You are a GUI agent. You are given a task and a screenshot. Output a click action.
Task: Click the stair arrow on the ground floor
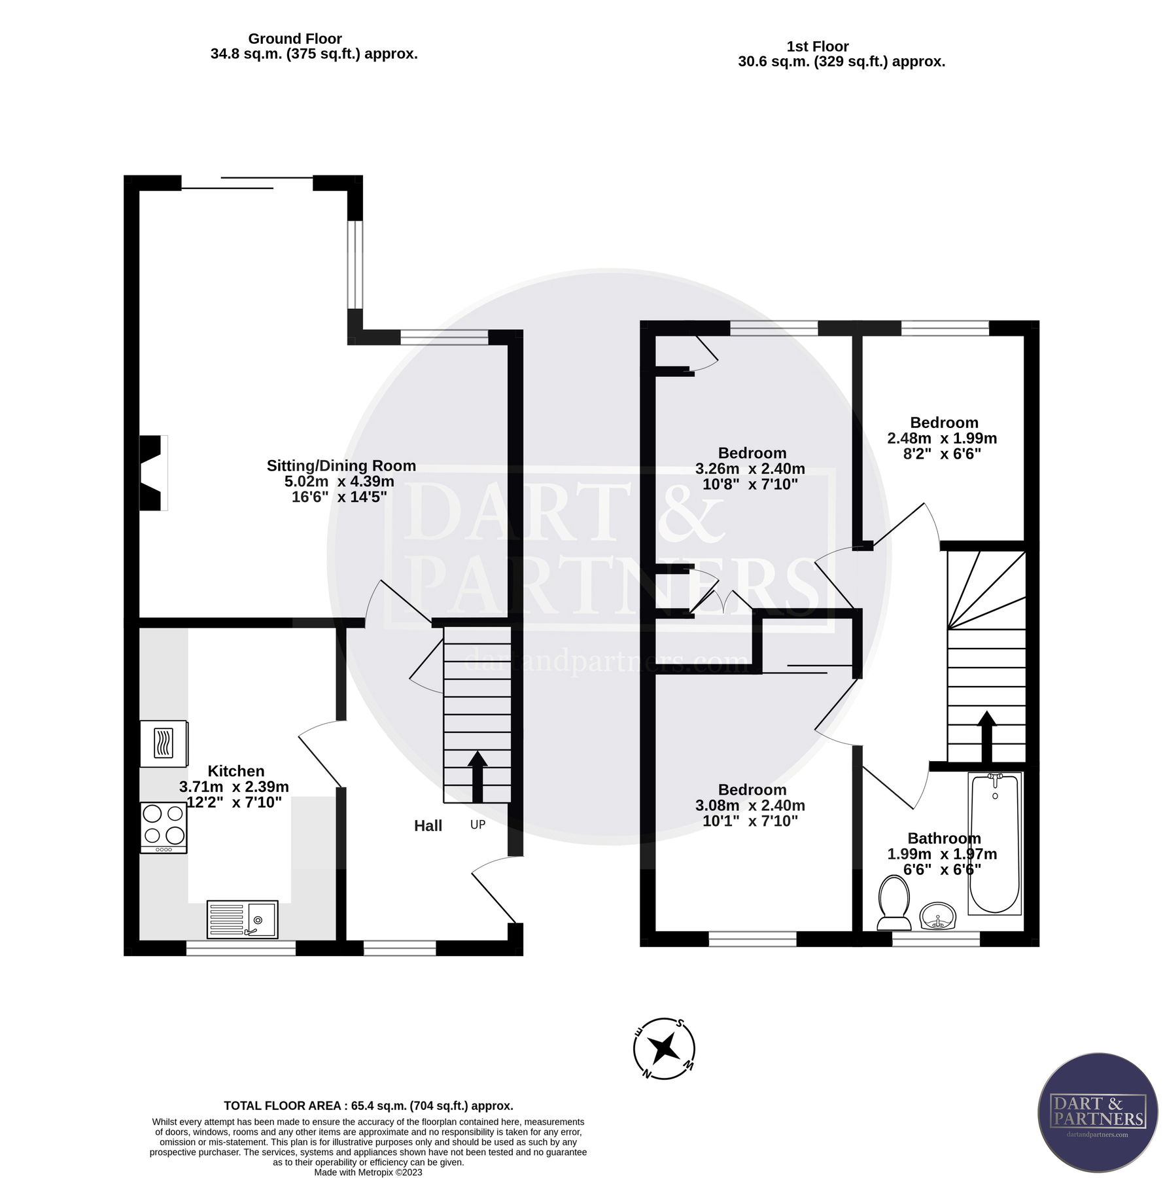tap(477, 776)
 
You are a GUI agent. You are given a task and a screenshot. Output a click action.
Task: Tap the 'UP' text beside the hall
tap(477, 825)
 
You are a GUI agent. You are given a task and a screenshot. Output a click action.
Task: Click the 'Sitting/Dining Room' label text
tap(341, 466)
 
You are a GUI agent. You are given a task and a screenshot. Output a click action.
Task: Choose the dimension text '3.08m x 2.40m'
tap(750, 806)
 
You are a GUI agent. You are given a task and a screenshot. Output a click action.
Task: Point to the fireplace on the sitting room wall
tap(152, 473)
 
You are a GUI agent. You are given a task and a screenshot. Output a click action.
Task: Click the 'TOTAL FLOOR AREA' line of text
tap(368, 1106)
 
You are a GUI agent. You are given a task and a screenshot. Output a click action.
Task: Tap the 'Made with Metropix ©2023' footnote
tap(368, 1172)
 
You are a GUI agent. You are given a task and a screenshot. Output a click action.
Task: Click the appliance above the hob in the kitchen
tap(164, 743)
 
